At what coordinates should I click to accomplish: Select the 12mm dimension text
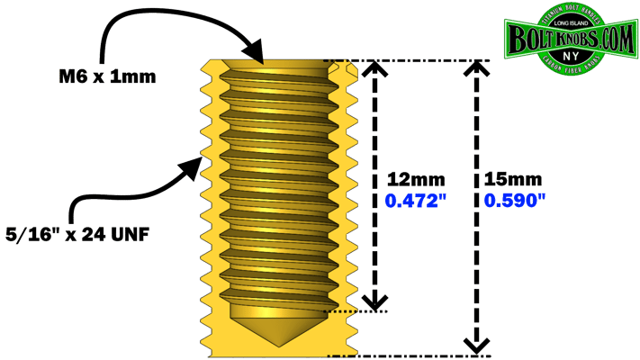click(408, 179)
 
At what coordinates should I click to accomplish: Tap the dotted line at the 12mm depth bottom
click(360, 312)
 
